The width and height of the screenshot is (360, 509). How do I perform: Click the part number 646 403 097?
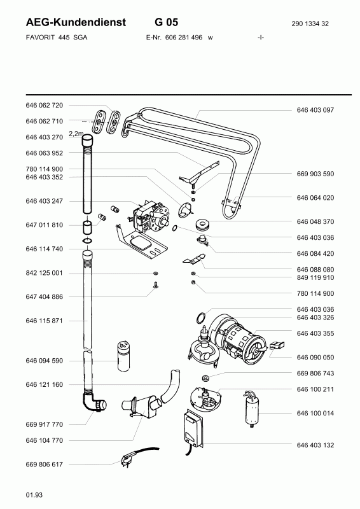click(315, 110)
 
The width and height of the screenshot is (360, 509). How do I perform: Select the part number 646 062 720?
click(44, 105)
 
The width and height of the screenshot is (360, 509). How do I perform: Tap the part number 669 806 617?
click(44, 464)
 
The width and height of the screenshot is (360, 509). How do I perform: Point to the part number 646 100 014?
click(315, 413)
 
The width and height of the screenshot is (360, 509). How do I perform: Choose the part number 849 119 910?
click(315, 277)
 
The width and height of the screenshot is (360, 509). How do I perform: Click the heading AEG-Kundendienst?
click(76, 22)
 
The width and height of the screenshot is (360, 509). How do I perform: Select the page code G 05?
click(167, 22)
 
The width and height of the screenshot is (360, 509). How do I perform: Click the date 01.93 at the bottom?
click(34, 495)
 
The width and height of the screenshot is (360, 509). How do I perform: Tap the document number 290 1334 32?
click(310, 24)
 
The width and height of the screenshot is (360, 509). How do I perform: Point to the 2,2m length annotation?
click(76, 134)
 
